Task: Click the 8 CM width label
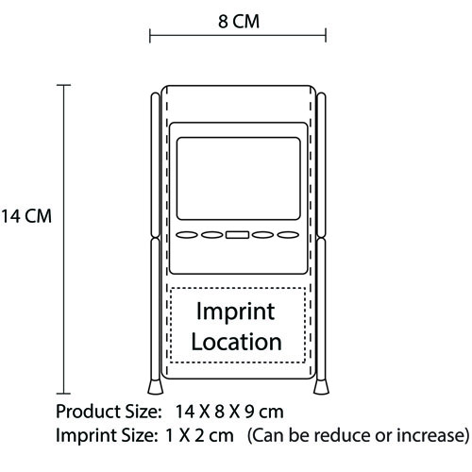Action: point(239,22)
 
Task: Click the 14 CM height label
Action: point(25,216)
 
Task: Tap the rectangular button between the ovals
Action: point(238,235)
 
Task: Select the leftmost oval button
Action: point(187,235)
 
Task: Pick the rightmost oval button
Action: point(288,235)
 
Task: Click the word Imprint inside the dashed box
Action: point(236,312)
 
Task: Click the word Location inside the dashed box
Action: point(236,342)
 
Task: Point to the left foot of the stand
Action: point(156,387)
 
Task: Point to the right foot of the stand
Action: point(321,387)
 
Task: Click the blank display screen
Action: point(239,178)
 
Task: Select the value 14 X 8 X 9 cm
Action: point(229,412)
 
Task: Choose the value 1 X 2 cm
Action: point(199,435)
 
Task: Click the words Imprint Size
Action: point(107,436)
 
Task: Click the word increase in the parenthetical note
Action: point(430,435)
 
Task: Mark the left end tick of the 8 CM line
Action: point(150,35)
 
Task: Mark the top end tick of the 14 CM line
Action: point(64,85)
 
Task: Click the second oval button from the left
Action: point(212,235)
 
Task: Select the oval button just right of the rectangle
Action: point(263,235)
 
